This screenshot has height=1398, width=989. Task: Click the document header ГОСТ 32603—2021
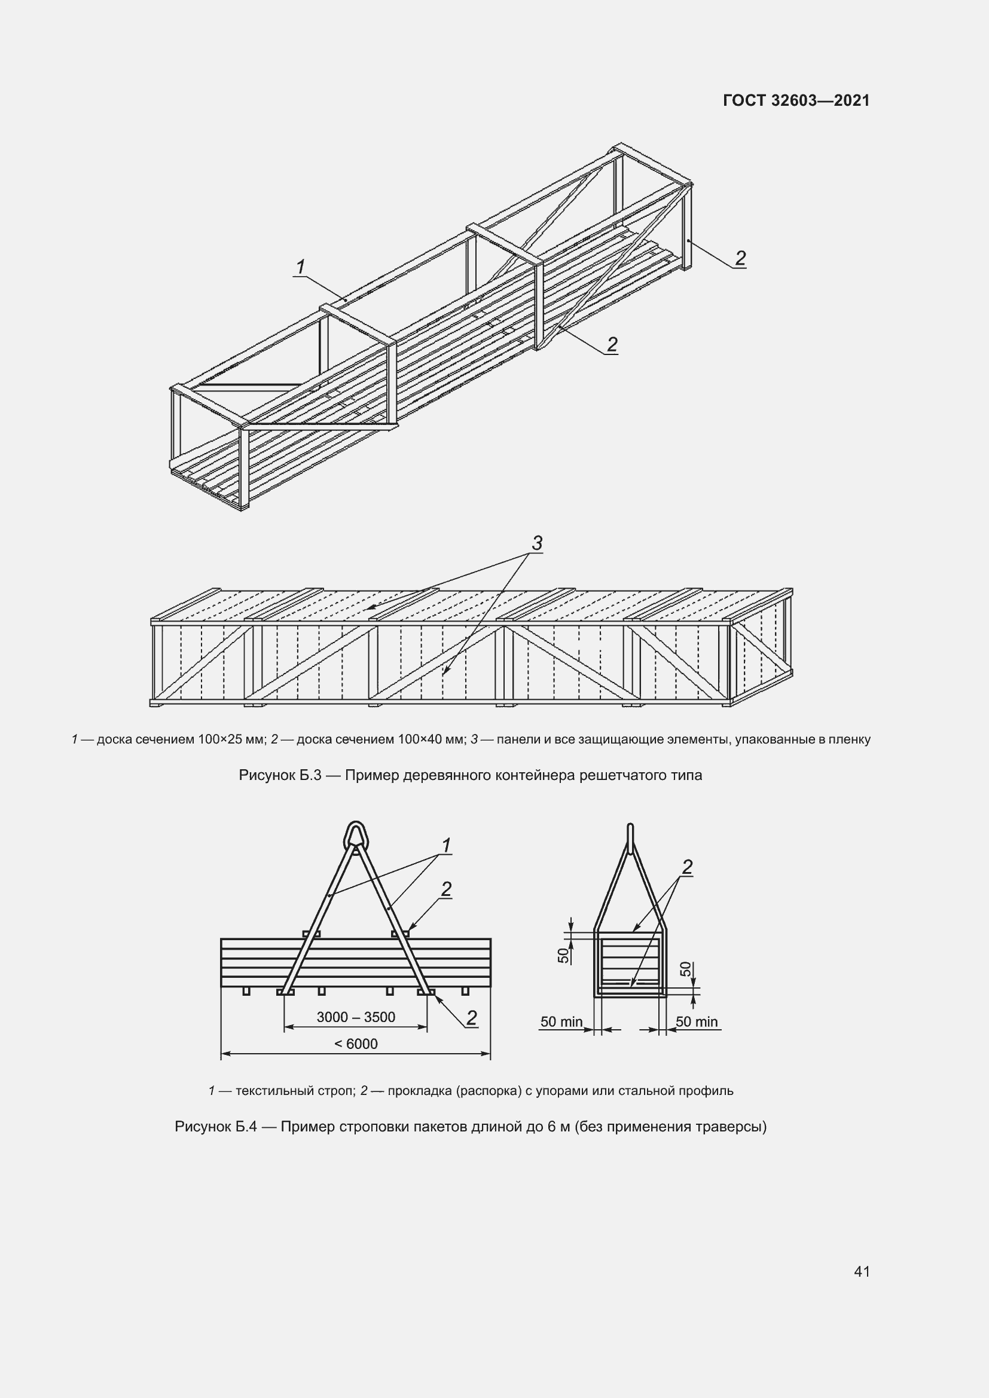pyautogui.click(x=796, y=100)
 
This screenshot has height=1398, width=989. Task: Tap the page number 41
pyautogui.click(x=862, y=1271)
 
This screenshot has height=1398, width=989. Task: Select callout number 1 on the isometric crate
pyautogui.click(x=300, y=267)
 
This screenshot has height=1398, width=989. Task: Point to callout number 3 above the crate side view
pyautogui.click(x=536, y=543)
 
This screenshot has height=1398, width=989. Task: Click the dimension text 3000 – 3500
pyautogui.click(x=356, y=1017)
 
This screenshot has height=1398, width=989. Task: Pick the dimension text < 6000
pyautogui.click(x=356, y=1044)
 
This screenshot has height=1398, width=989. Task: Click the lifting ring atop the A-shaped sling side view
pyautogui.click(x=356, y=835)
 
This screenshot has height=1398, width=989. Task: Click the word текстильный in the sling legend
pyautogui.click(x=274, y=1091)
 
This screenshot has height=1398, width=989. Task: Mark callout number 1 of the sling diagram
pyautogui.click(x=446, y=846)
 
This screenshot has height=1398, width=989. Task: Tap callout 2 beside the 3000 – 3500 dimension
pyautogui.click(x=471, y=1017)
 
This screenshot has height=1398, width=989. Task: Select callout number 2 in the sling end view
pyautogui.click(x=687, y=867)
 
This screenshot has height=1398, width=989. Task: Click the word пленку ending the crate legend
pyautogui.click(x=850, y=739)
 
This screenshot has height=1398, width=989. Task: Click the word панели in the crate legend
pyautogui.click(x=517, y=739)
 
